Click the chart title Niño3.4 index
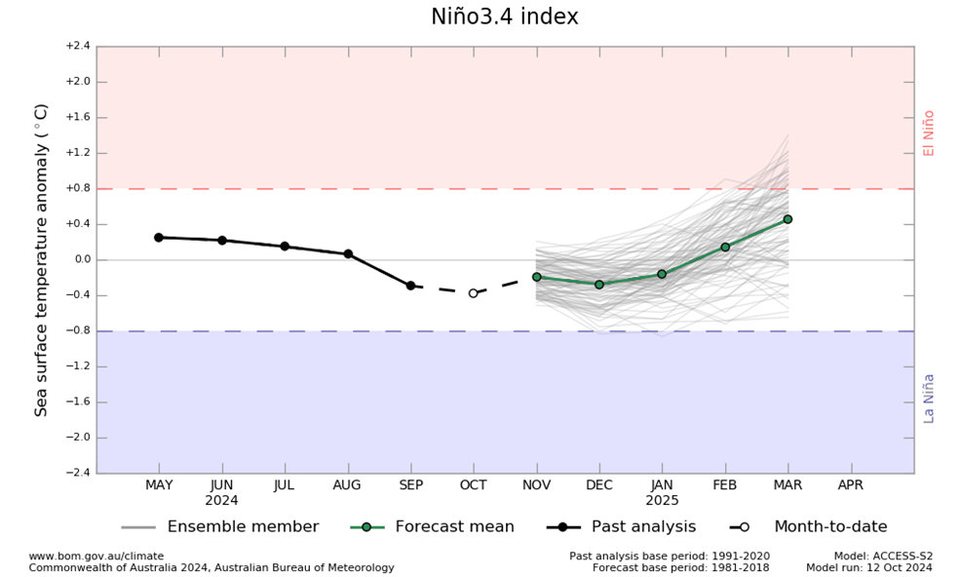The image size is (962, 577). click(504, 18)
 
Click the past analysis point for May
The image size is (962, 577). click(159, 237)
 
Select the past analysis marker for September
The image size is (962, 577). click(410, 286)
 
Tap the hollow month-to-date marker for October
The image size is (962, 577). click(473, 292)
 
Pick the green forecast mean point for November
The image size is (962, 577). click(536, 277)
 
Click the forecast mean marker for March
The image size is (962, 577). click(788, 219)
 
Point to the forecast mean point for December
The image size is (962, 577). click(599, 284)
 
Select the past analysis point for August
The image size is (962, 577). click(348, 253)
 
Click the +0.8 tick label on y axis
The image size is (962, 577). click(78, 188)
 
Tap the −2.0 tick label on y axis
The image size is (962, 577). click(78, 437)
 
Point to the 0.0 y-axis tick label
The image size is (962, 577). click(80, 259)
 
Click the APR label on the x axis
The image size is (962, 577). click(851, 485)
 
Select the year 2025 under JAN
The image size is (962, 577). click(662, 500)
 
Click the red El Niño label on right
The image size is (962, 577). click(929, 133)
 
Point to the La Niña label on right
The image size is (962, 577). click(929, 398)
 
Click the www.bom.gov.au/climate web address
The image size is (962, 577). click(96, 557)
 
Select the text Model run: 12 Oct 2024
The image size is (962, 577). click(869, 567)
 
